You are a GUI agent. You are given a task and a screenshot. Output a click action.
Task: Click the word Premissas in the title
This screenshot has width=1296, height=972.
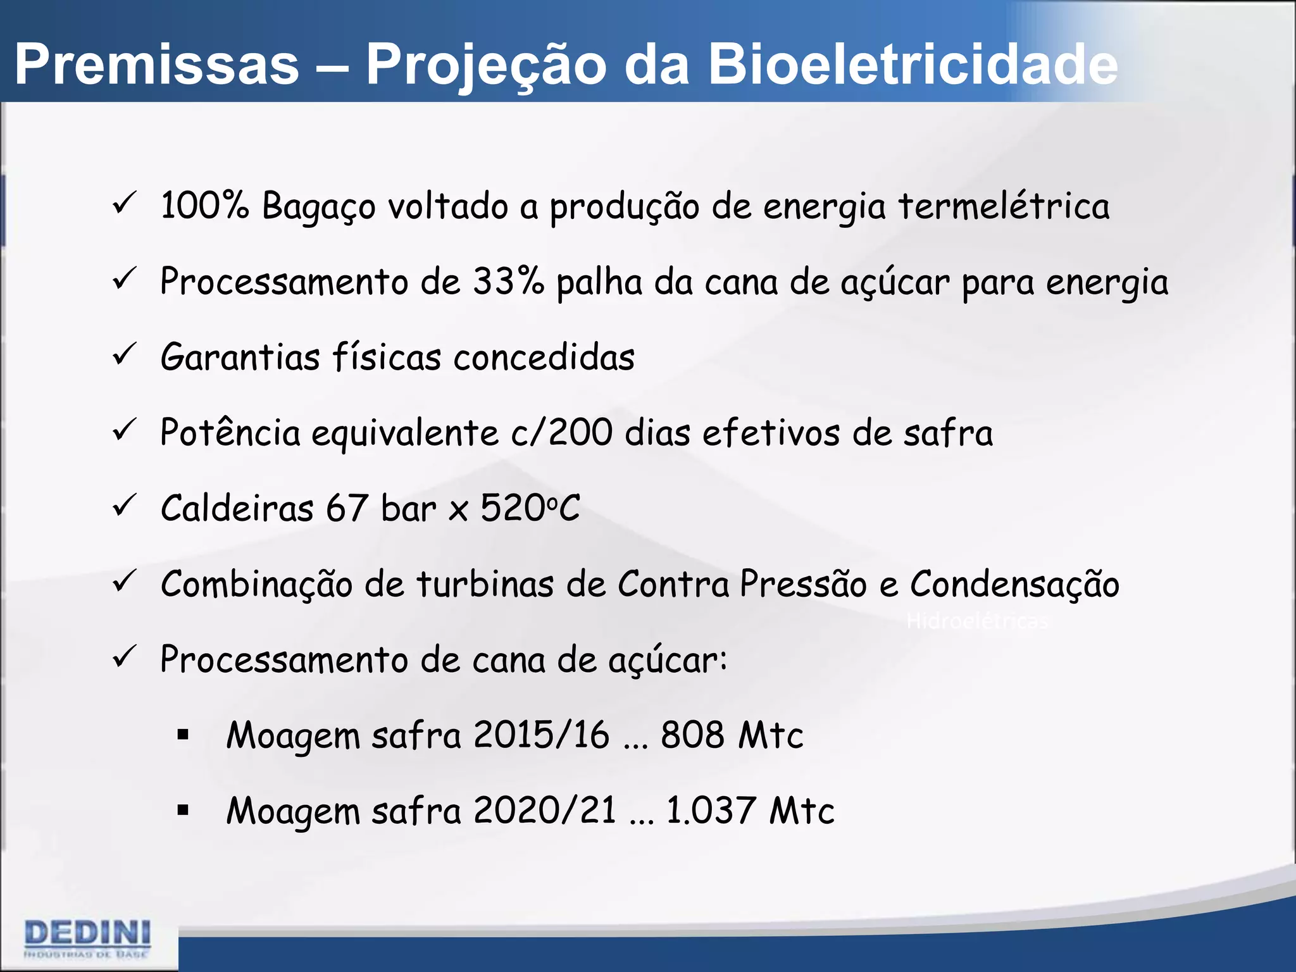pos(156,65)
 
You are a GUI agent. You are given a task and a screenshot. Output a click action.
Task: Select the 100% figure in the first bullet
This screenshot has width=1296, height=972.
pos(204,206)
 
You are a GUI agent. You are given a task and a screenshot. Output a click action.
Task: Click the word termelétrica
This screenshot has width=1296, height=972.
pos(1004,206)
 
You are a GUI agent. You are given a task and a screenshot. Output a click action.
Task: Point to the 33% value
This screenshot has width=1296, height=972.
pos(508,282)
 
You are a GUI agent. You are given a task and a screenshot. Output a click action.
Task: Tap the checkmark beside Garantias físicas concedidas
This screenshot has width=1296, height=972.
pos(124,355)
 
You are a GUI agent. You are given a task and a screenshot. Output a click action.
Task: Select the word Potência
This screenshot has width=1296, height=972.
pos(230,433)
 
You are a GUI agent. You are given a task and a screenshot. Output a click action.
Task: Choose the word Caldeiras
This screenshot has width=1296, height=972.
pos(237,508)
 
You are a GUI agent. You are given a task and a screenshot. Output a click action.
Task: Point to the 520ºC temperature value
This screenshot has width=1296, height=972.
pos(530,508)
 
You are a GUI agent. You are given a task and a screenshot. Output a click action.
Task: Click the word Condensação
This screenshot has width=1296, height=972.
pos(1014,584)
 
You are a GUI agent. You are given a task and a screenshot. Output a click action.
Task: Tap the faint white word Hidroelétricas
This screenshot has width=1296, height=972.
pos(976,621)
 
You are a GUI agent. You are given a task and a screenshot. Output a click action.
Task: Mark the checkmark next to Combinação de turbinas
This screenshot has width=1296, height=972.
pos(124,582)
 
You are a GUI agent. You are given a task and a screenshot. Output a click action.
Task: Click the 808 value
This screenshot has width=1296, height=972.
pos(692,735)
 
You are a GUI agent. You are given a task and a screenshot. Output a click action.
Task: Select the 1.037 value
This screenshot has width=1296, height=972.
pos(711,811)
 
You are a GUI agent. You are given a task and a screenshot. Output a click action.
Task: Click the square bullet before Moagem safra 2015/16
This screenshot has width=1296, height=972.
pos(184,735)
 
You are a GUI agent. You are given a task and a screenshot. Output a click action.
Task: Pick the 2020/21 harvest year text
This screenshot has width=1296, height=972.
pos(544,811)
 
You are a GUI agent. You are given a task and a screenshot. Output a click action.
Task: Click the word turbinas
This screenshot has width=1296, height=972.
pos(485,584)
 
